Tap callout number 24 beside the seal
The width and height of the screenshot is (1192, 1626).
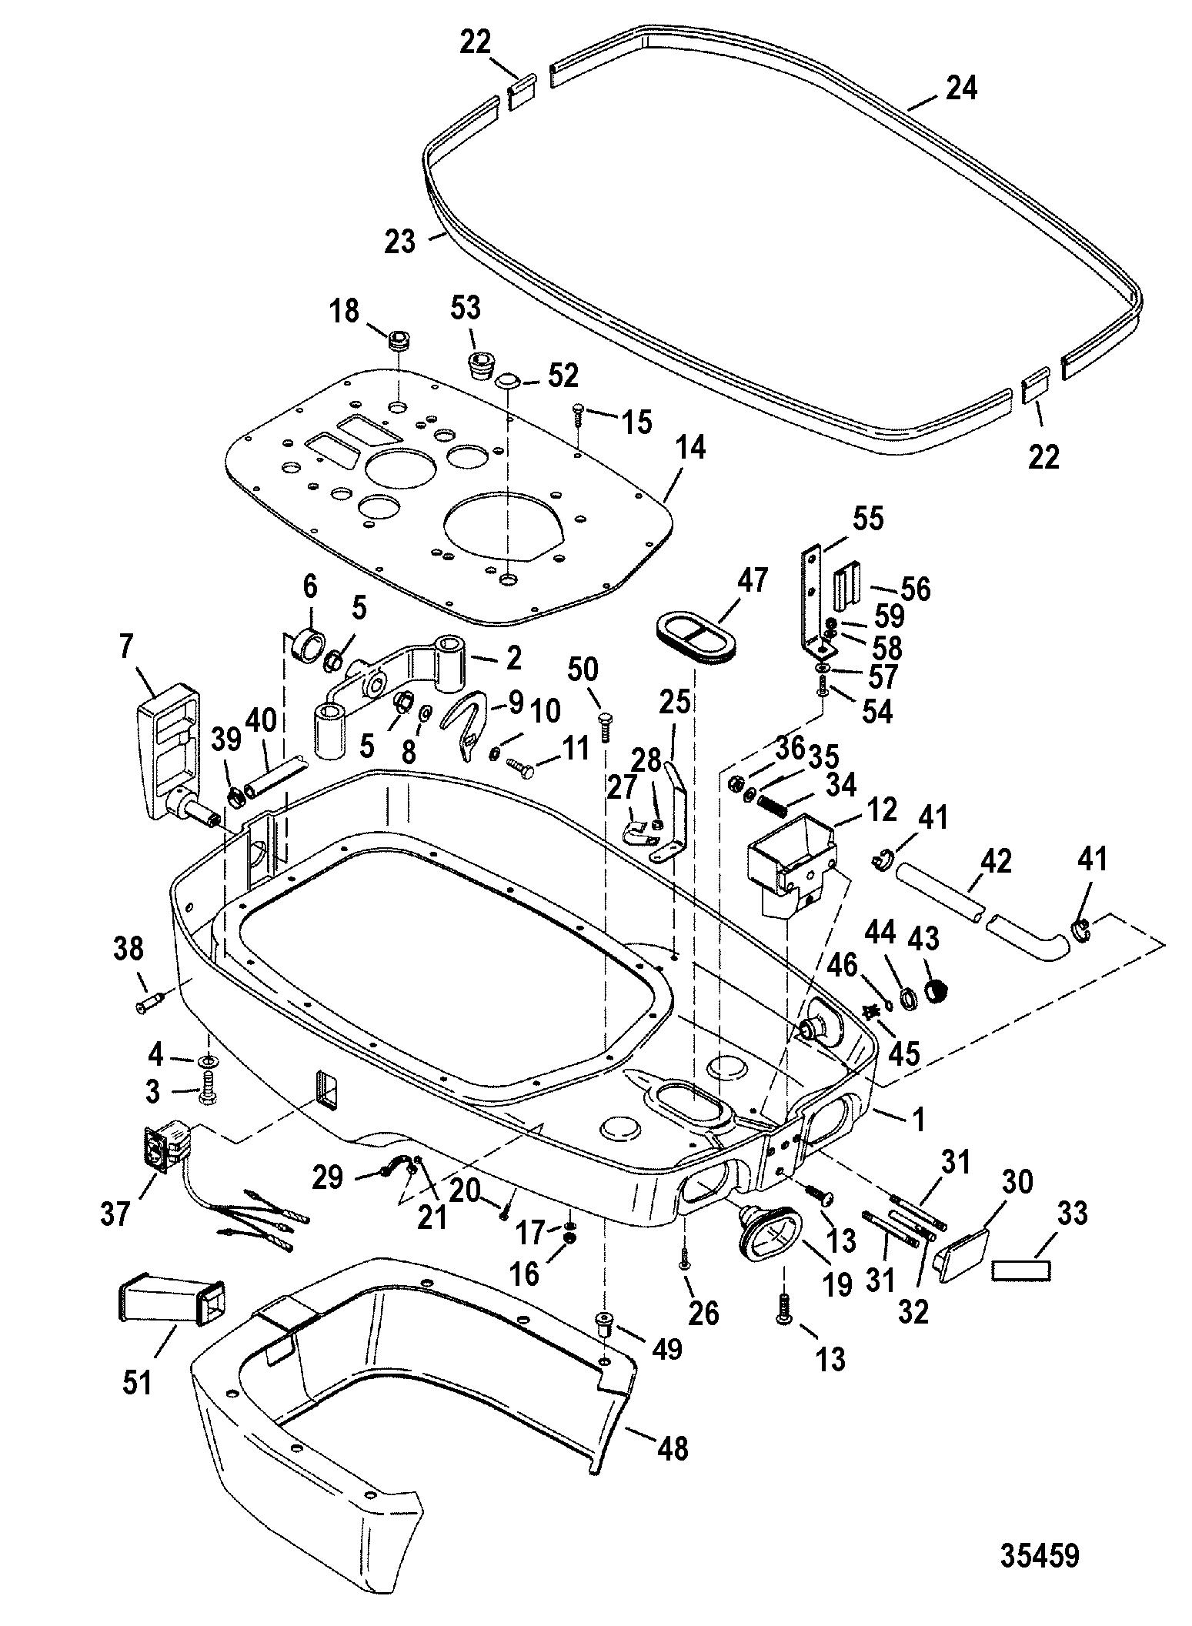pos(961,89)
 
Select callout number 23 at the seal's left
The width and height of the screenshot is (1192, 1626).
pos(401,241)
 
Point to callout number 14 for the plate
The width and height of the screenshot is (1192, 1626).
pos(690,449)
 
